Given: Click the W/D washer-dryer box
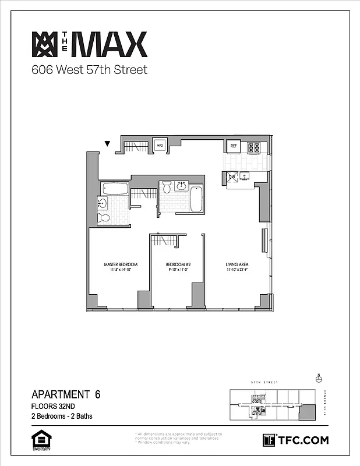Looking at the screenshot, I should [160, 144].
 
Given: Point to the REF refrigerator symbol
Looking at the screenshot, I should [234, 146].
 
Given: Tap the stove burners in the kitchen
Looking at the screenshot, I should [254, 147].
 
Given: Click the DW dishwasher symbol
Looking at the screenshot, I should [232, 176].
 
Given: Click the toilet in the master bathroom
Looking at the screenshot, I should [104, 218].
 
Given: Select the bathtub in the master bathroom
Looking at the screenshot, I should [115, 188].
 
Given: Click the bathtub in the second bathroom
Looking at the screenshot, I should [196, 198].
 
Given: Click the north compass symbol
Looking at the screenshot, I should [319, 378].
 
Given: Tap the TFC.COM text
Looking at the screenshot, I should [303, 440].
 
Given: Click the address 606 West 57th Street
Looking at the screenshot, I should [89, 70].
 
